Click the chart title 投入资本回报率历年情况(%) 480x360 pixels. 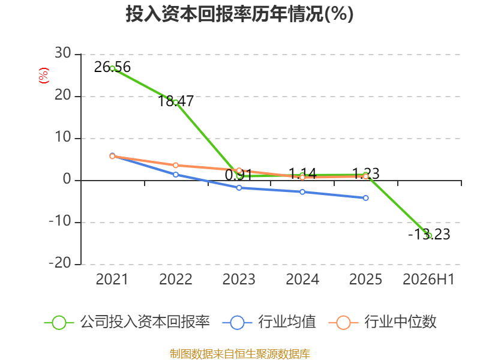239,14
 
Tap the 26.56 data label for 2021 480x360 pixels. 112,67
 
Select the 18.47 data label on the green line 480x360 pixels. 176,101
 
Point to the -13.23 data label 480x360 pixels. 429,235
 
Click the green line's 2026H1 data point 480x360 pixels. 429,236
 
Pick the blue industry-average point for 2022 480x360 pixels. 176,175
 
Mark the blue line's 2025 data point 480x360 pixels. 366,198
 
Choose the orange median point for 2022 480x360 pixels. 176,166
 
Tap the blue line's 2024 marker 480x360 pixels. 302,192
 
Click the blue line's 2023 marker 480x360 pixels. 239,188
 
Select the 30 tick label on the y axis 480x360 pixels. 63,53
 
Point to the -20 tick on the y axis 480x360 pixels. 60,263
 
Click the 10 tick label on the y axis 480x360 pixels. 63,137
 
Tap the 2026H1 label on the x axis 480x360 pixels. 429,280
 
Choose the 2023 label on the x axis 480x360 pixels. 239,280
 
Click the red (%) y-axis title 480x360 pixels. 43,76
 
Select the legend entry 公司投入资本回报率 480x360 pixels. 127,322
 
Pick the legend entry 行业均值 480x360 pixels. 269,322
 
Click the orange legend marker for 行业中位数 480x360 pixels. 343,323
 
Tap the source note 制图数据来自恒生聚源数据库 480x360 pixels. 240,354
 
